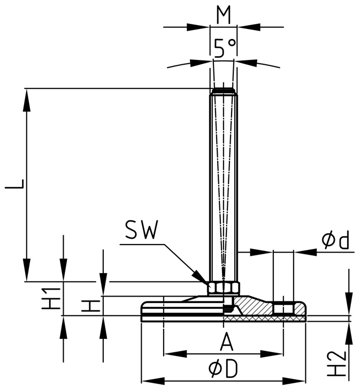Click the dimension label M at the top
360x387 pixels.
click(x=224, y=16)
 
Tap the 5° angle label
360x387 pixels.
click(x=224, y=49)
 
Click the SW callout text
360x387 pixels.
click(x=141, y=231)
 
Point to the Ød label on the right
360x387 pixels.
click(x=335, y=240)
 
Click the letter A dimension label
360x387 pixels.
click(x=227, y=341)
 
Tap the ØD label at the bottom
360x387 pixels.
click(x=223, y=369)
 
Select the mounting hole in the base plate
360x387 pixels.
click(x=283, y=308)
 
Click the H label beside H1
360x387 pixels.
click(x=93, y=306)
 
